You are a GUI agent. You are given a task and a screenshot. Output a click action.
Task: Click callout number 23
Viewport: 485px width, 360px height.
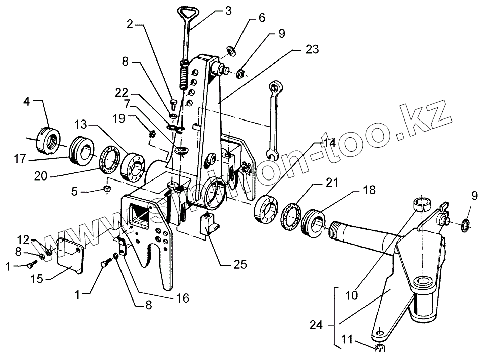coord(312,50)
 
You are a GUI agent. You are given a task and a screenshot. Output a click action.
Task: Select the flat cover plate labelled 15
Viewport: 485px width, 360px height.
coord(69,254)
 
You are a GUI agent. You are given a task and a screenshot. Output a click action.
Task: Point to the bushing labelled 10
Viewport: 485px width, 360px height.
coord(421,204)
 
